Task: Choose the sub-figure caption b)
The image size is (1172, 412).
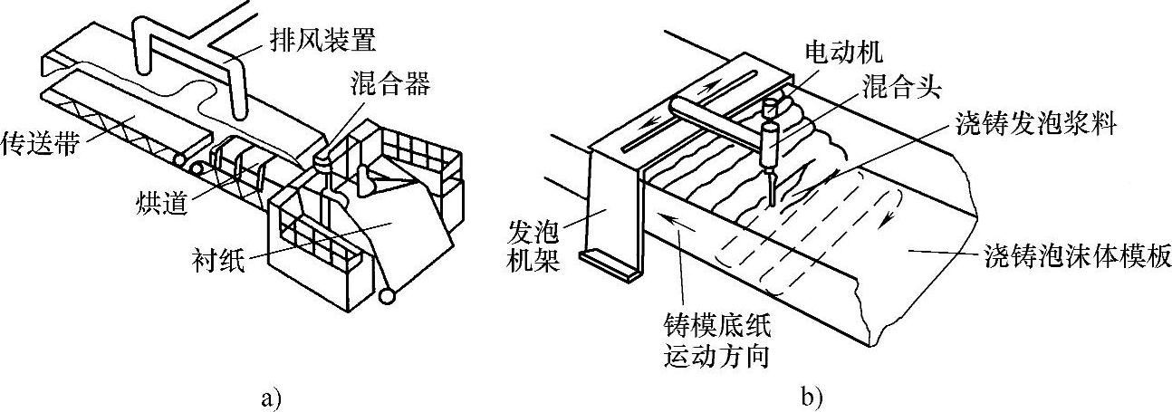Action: (x=811, y=397)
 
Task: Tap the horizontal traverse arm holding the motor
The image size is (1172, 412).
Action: (x=716, y=114)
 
